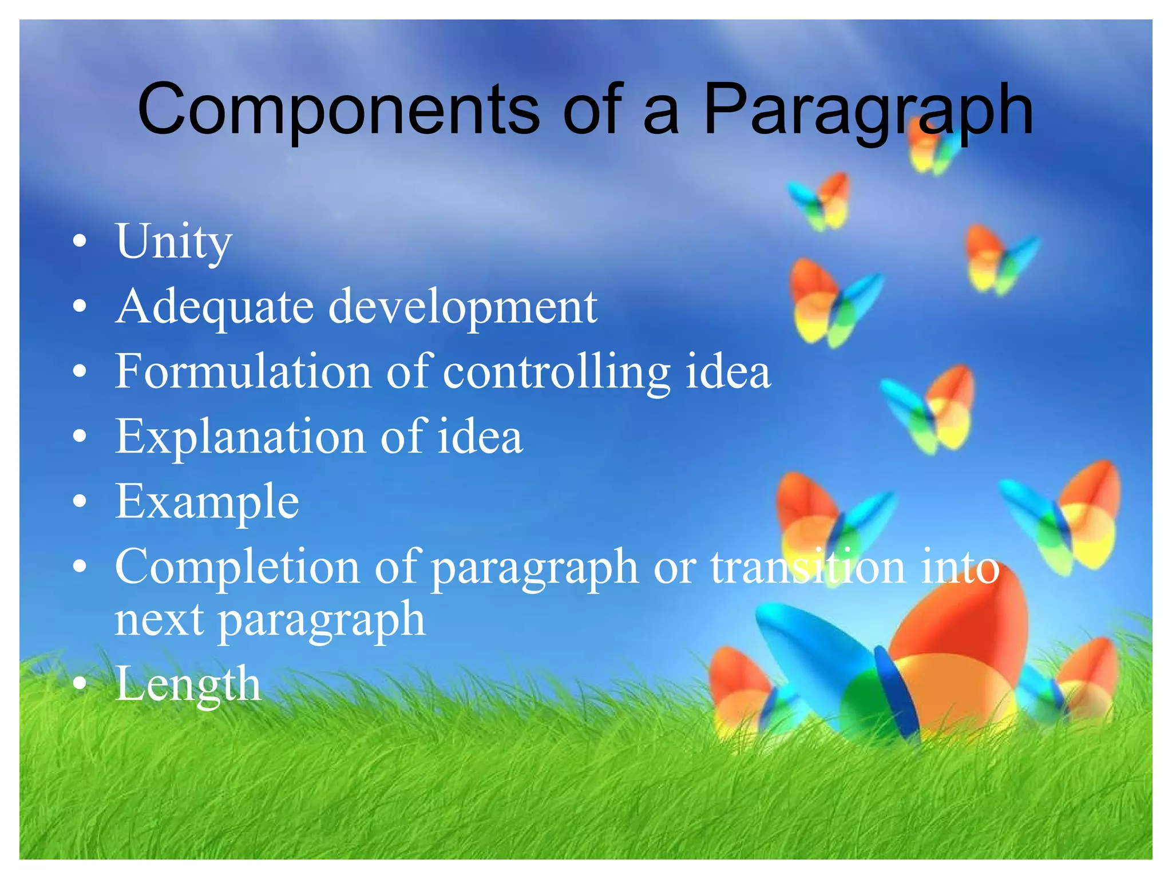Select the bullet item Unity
pyautogui.click(x=173, y=241)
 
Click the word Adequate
pyautogui.click(x=214, y=307)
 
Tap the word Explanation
pyautogui.click(x=240, y=437)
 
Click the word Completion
pyautogui.click(x=237, y=567)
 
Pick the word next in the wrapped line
pyautogui.click(x=159, y=620)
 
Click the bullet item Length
pyautogui.click(x=188, y=684)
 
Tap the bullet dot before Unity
pyautogui.click(x=80, y=241)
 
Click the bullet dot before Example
pyautogui.click(x=80, y=502)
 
